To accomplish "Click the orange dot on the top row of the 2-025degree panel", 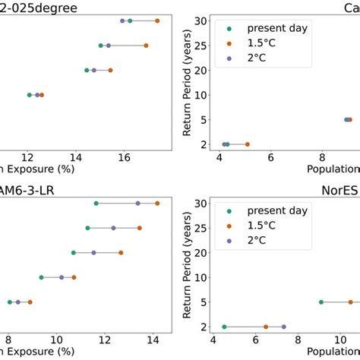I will (x=157, y=21).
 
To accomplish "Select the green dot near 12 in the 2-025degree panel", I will (x=29, y=95).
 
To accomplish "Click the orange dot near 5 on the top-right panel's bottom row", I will (x=247, y=144).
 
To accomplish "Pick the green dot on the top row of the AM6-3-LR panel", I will (x=96, y=203).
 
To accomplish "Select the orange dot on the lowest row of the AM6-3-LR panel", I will (x=30, y=302).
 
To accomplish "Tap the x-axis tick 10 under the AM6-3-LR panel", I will (x=57, y=339).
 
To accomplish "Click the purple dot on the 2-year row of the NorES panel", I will (x=283, y=327).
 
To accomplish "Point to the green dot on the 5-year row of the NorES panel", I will (x=321, y=302).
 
